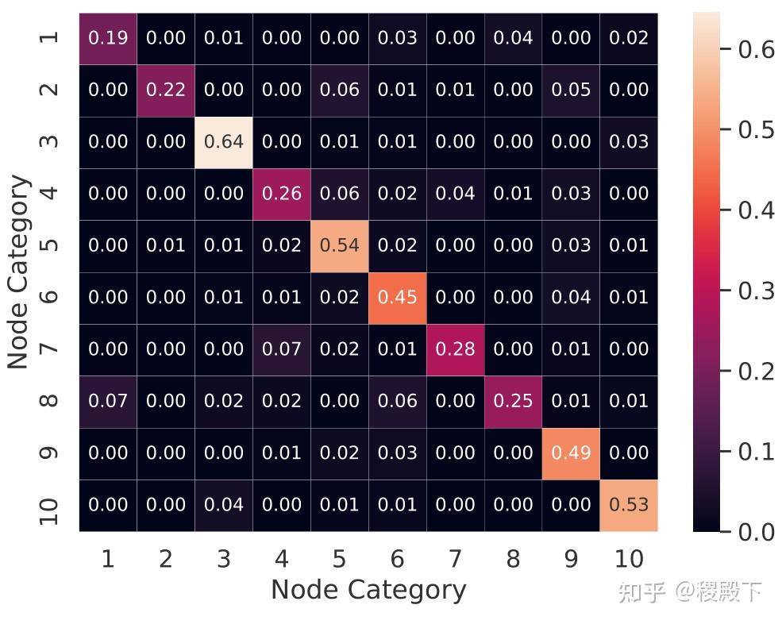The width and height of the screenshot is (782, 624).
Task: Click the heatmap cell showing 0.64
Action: click(x=224, y=142)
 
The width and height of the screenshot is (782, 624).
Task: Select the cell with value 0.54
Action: click(x=340, y=245)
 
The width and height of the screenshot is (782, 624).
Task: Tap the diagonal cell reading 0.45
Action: click(x=398, y=297)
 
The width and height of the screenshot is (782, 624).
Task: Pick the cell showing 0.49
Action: click(x=571, y=453)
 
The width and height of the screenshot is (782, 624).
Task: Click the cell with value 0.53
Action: click(x=629, y=504)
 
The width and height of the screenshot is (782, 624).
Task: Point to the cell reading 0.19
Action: click(x=108, y=38)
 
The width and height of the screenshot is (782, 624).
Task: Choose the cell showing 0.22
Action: click(x=166, y=90)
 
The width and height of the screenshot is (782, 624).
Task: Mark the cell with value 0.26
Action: click(x=282, y=194)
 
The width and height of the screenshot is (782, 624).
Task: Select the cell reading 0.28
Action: click(x=456, y=349)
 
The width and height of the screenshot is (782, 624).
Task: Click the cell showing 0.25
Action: click(x=513, y=401)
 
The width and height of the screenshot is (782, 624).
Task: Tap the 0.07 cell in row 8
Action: click(x=108, y=401)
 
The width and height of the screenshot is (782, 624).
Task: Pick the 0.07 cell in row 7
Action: click(x=282, y=349)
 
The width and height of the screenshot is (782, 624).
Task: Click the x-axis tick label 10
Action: click(x=629, y=560)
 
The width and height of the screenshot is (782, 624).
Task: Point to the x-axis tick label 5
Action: click(x=340, y=560)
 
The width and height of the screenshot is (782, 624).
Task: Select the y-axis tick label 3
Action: click(x=49, y=142)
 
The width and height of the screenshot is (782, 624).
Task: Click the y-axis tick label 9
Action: click(x=49, y=453)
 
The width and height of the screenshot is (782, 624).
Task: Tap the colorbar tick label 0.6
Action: click(x=756, y=49)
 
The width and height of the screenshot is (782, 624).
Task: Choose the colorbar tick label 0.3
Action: click(x=756, y=291)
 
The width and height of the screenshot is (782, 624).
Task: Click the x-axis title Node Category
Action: click(x=368, y=590)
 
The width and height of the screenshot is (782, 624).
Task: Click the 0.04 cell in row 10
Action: click(x=224, y=504)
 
